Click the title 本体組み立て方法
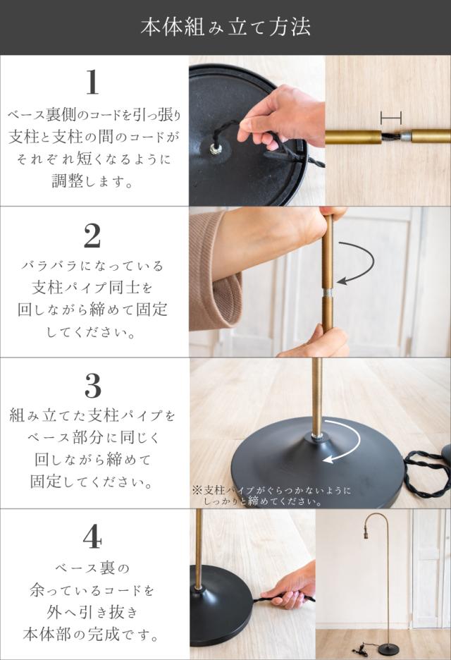coord(225,27)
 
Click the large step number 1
coord(92,82)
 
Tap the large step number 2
coord(92,236)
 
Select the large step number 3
coord(93,386)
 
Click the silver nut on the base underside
coord(216,148)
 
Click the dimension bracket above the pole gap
coord(391,118)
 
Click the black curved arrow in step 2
coord(357,264)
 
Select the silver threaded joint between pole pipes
coord(327,293)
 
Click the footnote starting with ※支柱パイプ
coord(271,496)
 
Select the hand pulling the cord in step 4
coord(290,585)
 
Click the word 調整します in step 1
coord(92,181)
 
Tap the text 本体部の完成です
coord(92,635)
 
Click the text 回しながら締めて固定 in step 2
coord(92,310)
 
